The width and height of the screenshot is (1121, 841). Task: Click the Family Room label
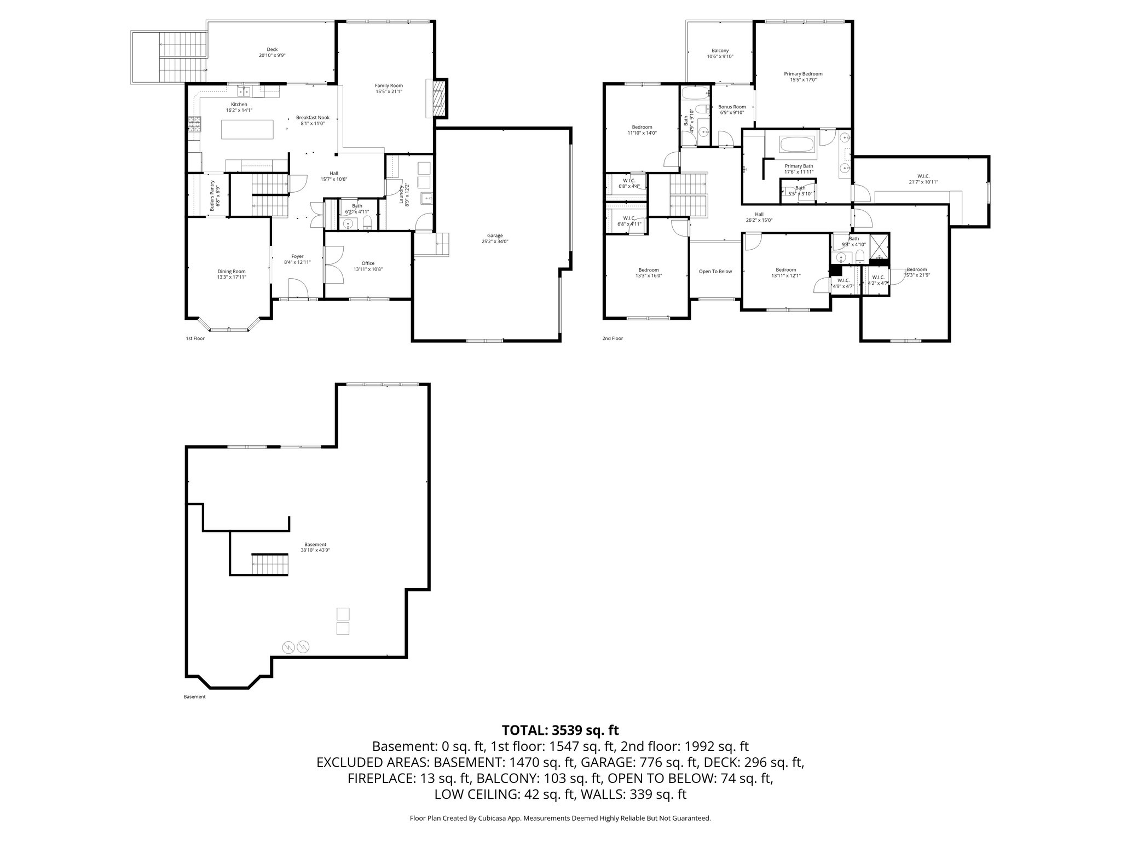coord(389,85)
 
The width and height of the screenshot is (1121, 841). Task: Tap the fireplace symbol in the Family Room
coord(437,99)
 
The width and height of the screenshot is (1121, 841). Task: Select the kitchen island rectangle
coord(247,130)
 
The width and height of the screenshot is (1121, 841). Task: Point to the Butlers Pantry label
coord(212,195)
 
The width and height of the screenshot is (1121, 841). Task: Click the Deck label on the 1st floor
coord(272,49)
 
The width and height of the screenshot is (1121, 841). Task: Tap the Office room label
coord(368,263)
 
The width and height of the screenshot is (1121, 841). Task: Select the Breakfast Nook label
coord(313,118)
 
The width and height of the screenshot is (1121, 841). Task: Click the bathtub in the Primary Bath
coord(797,145)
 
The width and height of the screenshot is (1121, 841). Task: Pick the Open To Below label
coord(715,272)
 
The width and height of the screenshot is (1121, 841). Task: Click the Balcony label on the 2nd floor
coord(720,50)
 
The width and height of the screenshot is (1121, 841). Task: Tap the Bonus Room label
coord(732,107)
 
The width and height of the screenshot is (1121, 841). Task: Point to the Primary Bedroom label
coord(803,74)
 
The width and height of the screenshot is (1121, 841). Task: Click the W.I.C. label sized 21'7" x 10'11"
coord(923,176)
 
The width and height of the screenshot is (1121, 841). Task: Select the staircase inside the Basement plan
coord(269,563)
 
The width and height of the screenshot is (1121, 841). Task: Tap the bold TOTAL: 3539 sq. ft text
coord(560,730)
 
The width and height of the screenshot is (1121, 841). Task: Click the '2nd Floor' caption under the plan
coord(612,338)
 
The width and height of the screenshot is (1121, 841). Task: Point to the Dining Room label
coord(232,272)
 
